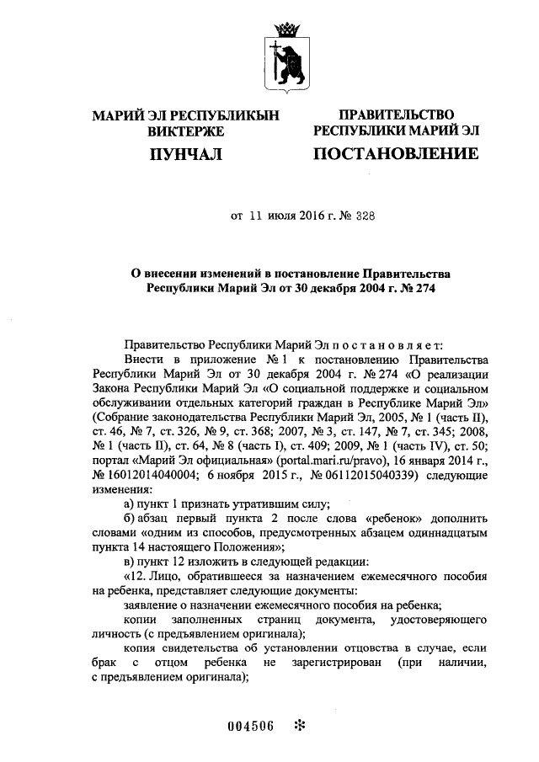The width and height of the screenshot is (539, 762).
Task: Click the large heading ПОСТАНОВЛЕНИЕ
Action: coord(396,154)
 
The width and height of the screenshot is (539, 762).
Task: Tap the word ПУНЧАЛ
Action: coord(184,154)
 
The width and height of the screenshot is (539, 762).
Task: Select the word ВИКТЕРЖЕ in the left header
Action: coord(184,131)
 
